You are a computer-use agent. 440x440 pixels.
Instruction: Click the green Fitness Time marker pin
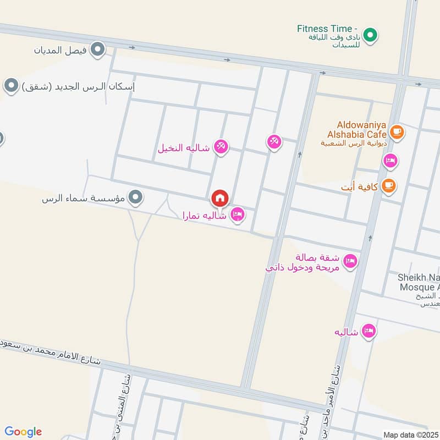tap(371, 36)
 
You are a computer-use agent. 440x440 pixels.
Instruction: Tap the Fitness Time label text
tap(327, 29)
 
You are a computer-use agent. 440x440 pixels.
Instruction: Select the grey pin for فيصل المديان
tap(98, 51)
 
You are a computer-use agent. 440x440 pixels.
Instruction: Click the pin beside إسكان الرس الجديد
tap(10, 86)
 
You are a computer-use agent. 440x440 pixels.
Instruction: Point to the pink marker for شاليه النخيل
tap(221, 146)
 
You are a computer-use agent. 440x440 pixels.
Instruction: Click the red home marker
tap(219, 198)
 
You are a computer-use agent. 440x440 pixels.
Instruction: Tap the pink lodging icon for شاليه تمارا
tap(238, 215)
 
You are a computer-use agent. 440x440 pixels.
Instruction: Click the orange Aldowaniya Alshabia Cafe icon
tap(396, 132)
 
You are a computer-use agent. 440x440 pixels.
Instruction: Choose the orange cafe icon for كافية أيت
tap(389, 186)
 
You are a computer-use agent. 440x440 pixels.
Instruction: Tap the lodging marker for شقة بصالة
tap(349, 262)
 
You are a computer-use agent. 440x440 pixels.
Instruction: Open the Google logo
tap(23, 432)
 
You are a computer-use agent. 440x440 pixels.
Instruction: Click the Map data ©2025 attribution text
tap(410, 435)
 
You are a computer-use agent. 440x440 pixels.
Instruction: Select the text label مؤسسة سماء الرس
tap(84, 198)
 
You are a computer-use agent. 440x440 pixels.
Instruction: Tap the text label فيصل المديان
tap(61, 51)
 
